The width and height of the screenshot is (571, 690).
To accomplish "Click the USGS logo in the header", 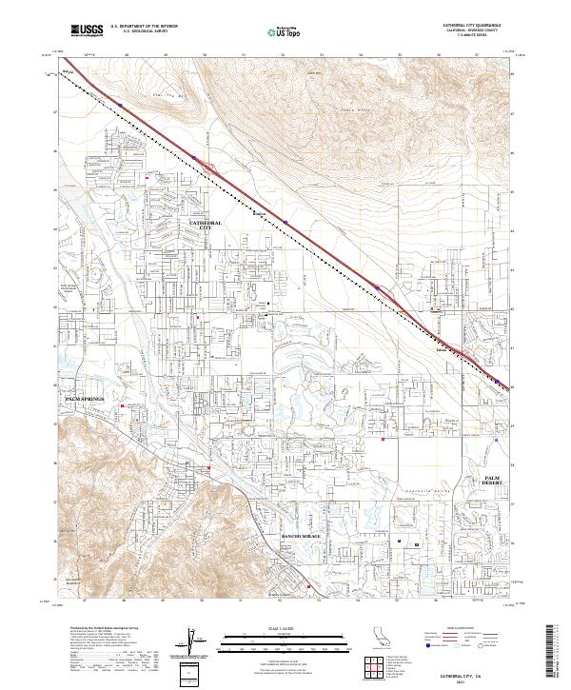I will (86, 30).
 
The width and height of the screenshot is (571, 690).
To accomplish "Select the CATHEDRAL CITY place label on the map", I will (206, 226).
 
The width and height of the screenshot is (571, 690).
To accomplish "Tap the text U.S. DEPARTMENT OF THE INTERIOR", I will (145, 27).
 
